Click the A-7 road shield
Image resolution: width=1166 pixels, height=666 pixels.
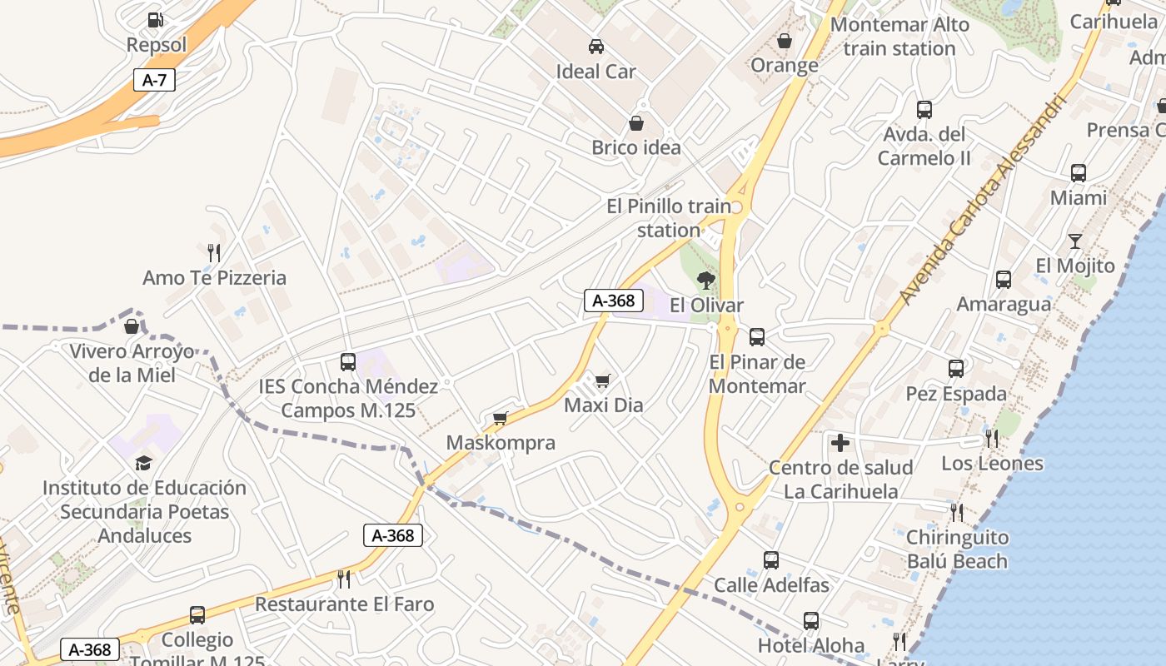tap(154, 80)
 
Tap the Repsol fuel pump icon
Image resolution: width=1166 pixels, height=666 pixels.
tap(155, 19)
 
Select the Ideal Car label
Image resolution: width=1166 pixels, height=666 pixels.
tap(595, 72)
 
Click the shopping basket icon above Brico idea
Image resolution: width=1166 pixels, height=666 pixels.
tap(636, 124)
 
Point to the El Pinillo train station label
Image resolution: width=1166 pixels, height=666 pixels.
tap(669, 217)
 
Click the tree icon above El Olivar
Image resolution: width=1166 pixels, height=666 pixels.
tap(706, 280)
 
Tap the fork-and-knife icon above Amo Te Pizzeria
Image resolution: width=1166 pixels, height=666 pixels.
tap(214, 252)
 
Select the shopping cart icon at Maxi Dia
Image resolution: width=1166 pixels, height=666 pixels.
tap(603, 381)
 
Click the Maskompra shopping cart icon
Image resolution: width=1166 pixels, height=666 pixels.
tap(501, 418)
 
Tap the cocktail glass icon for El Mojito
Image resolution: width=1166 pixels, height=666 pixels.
tap(1075, 241)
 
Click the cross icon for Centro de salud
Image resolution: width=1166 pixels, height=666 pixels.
tap(841, 443)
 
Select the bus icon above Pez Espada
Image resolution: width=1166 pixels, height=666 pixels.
tap(956, 368)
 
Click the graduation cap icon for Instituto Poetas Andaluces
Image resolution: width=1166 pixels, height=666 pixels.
tap(144, 463)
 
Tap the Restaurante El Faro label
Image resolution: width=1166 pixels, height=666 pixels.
tap(344, 604)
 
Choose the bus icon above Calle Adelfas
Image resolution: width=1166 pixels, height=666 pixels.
tap(771, 560)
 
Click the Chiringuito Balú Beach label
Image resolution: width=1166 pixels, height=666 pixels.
tap(956, 549)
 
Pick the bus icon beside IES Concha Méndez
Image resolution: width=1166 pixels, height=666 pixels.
tap(348, 362)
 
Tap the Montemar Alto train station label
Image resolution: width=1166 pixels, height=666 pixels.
tap(899, 37)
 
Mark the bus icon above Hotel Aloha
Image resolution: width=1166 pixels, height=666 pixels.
tap(811, 621)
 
